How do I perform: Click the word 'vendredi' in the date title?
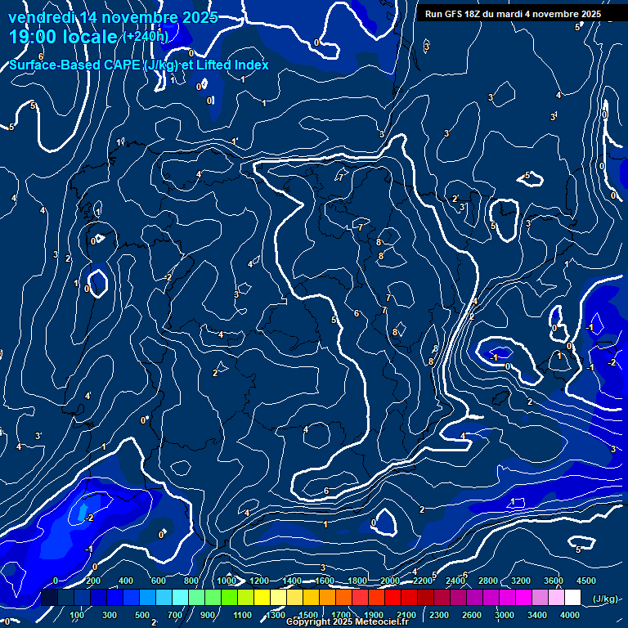pos(41,17)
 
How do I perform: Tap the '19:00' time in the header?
pos(34,38)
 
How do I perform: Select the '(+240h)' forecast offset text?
pos(146,36)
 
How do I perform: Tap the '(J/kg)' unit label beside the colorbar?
pos(605,599)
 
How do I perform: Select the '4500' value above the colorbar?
pos(585,581)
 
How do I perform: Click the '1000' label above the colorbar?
pos(227,581)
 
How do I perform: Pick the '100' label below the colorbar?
pos(78,615)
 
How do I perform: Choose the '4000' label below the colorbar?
pos(570,615)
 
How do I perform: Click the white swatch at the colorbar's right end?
pos(573,598)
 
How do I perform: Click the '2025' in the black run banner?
pos(588,14)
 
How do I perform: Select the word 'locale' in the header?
pos(91,38)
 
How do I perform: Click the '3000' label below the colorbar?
pos(505,615)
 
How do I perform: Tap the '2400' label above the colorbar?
pos(455,581)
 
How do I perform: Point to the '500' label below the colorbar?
pos(143,615)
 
